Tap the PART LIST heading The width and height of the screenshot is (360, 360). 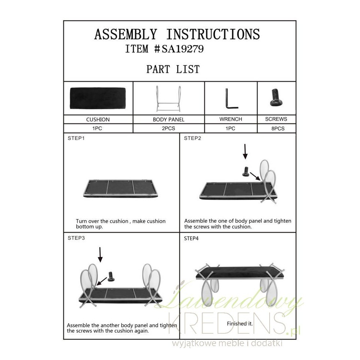(x=173, y=69)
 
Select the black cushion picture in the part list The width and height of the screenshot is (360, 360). (x=98, y=98)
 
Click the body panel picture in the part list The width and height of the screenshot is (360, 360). (x=168, y=99)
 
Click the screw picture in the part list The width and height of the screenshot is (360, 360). (x=276, y=97)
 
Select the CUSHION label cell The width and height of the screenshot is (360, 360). (x=98, y=119)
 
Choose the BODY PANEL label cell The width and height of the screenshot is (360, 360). (x=168, y=119)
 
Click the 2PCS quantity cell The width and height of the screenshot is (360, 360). (x=168, y=128)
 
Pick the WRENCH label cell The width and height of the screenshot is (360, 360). (x=231, y=119)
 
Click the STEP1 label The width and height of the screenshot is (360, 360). (x=76, y=138)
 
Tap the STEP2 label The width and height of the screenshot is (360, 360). (x=192, y=138)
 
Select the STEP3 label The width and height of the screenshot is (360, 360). (x=76, y=238)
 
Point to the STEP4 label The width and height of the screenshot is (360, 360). (x=191, y=238)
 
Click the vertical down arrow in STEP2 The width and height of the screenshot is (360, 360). (x=245, y=151)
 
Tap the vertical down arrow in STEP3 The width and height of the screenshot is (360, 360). (x=100, y=255)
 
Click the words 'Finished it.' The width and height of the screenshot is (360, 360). (x=240, y=324)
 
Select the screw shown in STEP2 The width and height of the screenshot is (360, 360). (x=246, y=172)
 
